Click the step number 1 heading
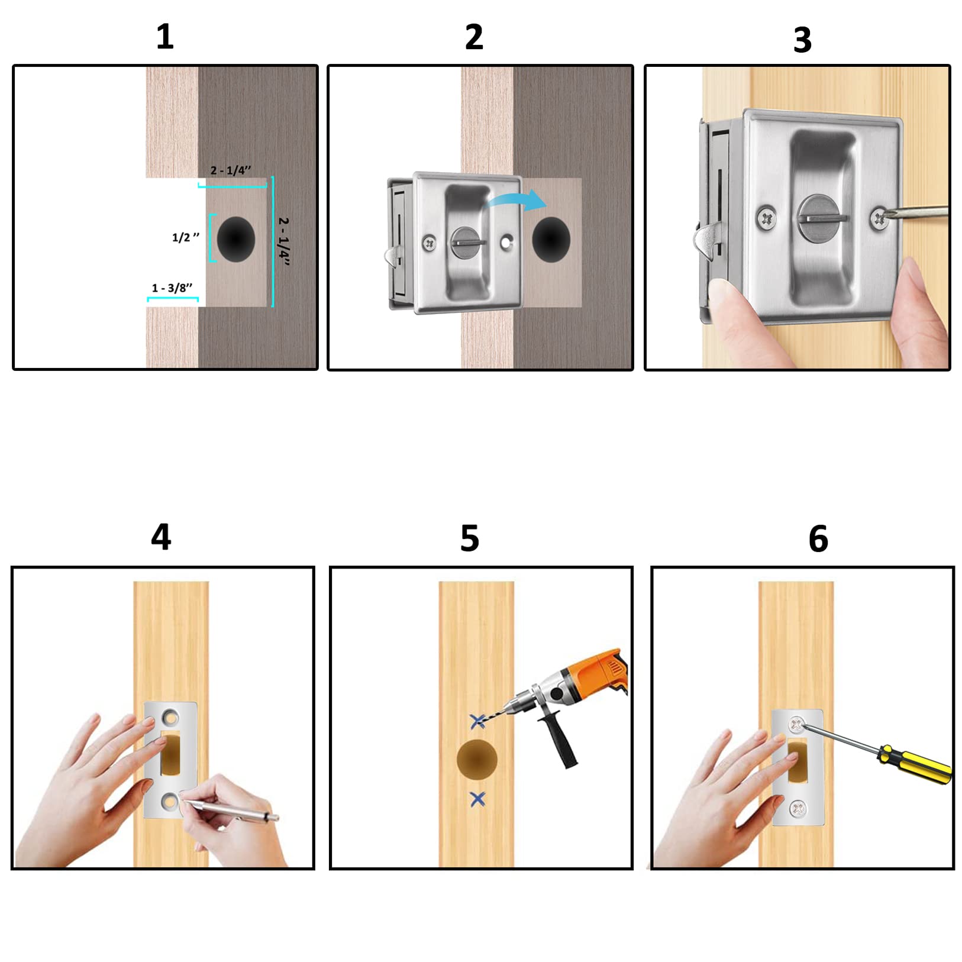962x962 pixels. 164,37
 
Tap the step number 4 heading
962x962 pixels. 161,537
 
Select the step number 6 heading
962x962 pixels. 818,538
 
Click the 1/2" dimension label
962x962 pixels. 185,237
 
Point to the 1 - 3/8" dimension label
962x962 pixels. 172,288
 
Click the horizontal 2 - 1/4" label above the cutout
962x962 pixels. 231,170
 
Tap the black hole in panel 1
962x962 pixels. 236,239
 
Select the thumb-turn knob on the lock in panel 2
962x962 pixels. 468,242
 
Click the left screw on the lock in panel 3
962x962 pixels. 767,219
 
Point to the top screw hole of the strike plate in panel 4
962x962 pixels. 170,718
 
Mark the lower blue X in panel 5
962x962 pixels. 477,799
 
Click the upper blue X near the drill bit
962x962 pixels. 477,721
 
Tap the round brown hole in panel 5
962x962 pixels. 477,760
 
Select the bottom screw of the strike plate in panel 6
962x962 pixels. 798,807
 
